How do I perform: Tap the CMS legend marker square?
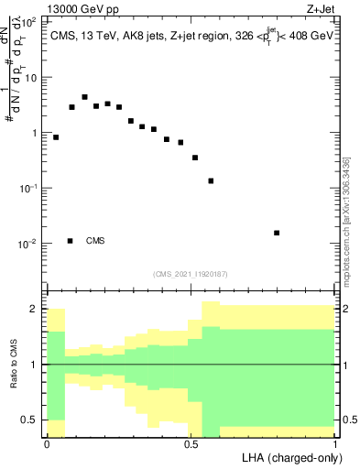click(71, 241)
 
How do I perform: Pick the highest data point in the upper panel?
click(84, 97)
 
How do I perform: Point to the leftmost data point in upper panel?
click(56, 137)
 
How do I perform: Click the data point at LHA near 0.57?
click(211, 180)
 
